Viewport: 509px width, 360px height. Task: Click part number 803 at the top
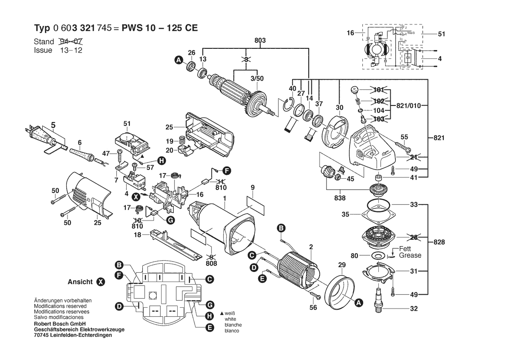click(260, 40)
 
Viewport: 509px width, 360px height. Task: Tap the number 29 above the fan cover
click(341, 265)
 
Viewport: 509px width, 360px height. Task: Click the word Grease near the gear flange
click(410, 255)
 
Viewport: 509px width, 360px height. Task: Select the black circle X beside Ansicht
click(100, 282)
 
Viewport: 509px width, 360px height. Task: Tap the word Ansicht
click(81, 282)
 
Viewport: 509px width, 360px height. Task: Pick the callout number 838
click(340, 198)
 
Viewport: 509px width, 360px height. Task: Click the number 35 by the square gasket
click(345, 214)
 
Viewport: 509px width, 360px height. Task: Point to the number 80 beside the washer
click(354, 255)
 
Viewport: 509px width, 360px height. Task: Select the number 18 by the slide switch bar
click(137, 235)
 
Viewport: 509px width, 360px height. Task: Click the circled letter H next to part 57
click(162, 161)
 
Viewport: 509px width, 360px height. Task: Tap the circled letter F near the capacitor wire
click(227, 170)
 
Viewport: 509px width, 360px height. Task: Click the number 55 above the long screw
click(404, 137)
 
